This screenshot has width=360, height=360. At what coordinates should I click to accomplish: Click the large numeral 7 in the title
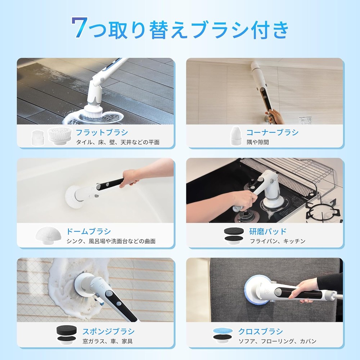click(x=80, y=27)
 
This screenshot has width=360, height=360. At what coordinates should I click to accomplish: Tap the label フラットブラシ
click(x=102, y=132)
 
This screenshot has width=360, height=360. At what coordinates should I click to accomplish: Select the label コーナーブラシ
click(x=273, y=132)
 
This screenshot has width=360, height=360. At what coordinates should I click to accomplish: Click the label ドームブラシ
click(x=89, y=231)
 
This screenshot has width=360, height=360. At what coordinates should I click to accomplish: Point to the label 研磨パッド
click(x=268, y=231)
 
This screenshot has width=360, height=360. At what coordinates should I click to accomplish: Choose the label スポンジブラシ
click(x=108, y=331)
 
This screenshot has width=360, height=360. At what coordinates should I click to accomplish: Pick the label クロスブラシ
click(x=261, y=331)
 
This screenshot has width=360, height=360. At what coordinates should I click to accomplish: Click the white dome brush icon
click(x=49, y=235)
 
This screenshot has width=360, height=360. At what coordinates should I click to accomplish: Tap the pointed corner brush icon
click(x=236, y=135)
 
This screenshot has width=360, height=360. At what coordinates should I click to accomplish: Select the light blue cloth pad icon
click(x=223, y=331)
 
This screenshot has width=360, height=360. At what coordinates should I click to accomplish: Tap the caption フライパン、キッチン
click(x=278, y=241)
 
